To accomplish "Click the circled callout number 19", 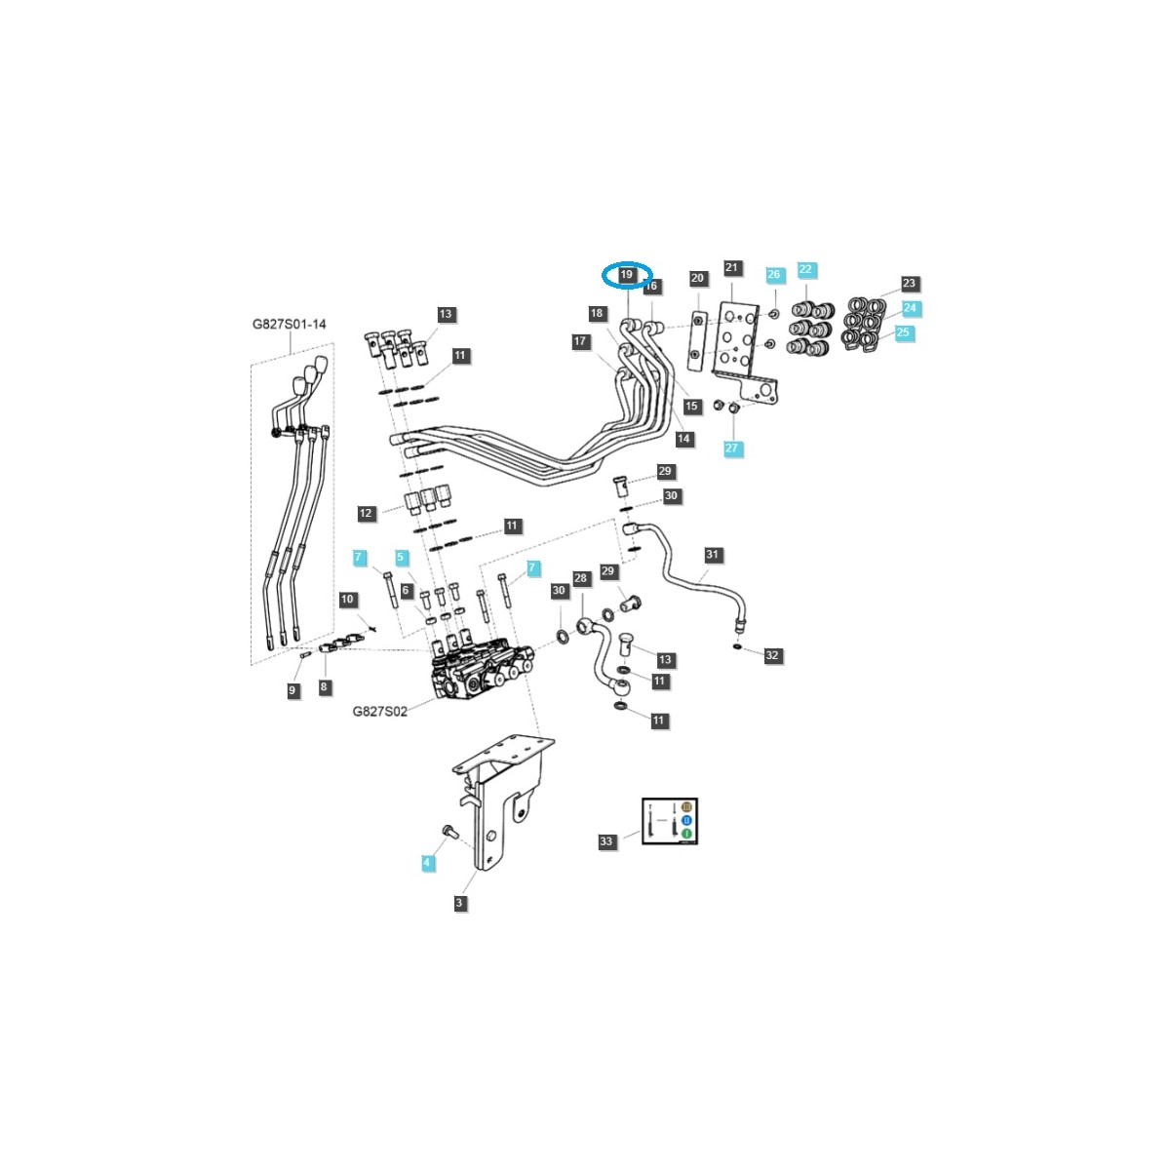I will (627, 276).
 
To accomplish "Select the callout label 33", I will (607, 841).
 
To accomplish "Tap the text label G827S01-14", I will (290, 323).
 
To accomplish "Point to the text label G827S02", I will (379, 712).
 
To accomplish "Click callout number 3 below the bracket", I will (459, 904).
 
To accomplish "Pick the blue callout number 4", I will (426, 863).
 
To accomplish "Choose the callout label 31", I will (713, 556).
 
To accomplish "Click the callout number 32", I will (772, 656).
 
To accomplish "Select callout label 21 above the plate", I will (732, 267).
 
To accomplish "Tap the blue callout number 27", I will (732, 448).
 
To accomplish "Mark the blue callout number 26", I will (774, 275).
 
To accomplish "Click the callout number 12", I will (366, 513).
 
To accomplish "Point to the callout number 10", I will (348, 599).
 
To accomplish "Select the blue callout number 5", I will (401, 557).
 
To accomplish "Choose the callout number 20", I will (697, 279).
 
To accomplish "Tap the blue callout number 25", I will (903, 332).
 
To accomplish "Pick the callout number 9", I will (292, 690).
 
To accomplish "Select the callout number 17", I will (581, 341).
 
